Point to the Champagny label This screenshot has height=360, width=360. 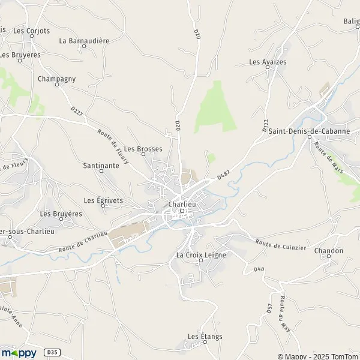point(56,79)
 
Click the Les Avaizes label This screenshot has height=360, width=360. point(268,62)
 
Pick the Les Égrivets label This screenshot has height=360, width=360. point(103,200)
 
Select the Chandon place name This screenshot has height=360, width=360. point(329,251)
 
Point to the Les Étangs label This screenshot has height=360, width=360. point(205,337)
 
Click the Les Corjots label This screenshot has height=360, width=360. point(31,30)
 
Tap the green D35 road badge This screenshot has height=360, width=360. point(53,353)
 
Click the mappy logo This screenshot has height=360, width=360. point(19,353)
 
